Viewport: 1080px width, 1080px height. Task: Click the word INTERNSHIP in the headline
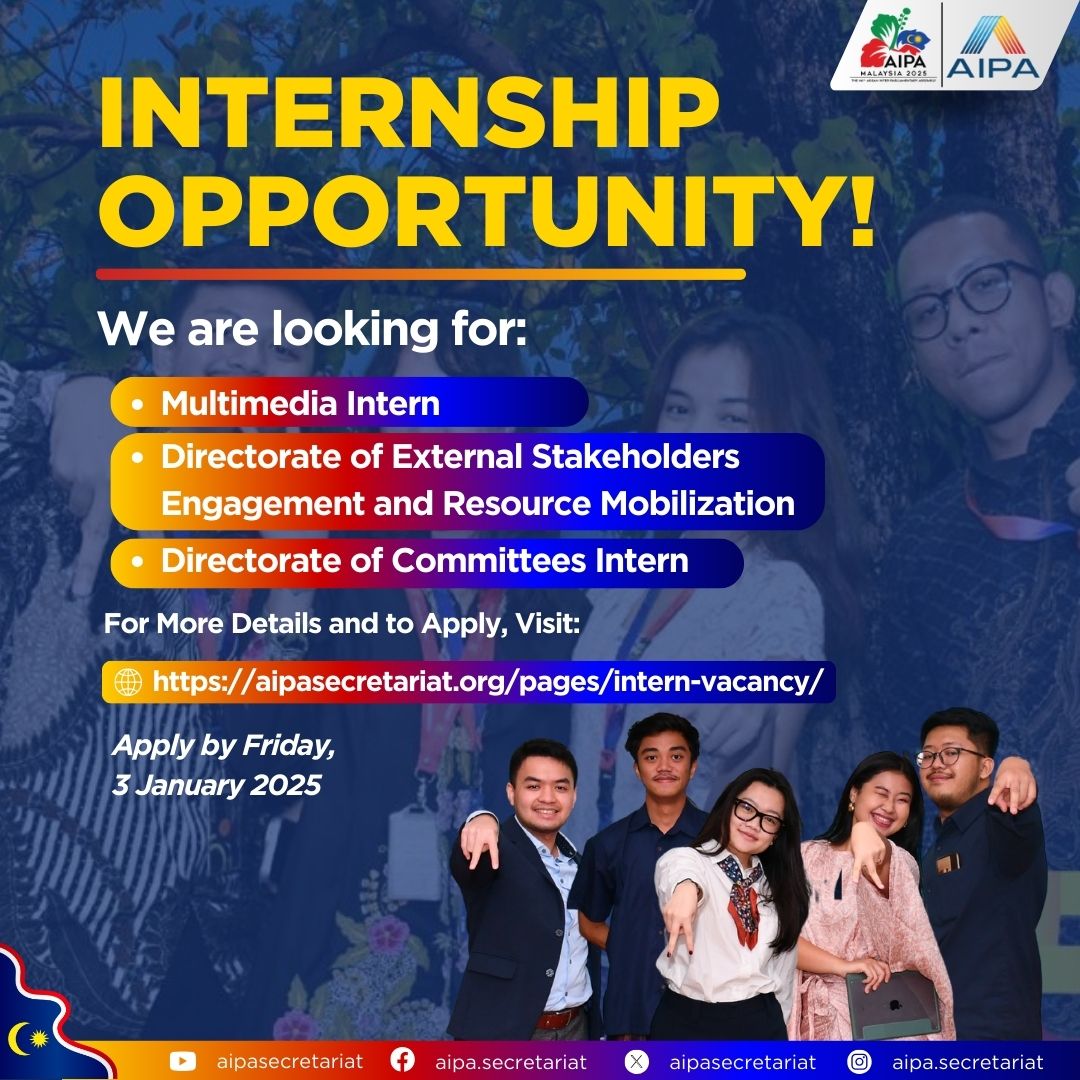point(409,113)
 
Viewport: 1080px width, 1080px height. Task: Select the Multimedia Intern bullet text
point(300,403)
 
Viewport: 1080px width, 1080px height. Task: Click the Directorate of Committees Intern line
point(425,561)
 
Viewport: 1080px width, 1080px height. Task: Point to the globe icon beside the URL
point(128,682)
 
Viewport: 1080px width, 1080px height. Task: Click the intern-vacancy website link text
point(488,682)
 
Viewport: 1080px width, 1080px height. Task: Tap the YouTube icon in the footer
point(183,1061)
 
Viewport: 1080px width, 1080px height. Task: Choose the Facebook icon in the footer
point(402,1059)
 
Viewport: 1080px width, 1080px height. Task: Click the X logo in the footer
point(636,1061)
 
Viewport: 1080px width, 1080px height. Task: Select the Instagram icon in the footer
point(859,1061)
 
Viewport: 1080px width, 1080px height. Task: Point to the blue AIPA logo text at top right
point(993,68)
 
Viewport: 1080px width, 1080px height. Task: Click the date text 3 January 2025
point(216,785)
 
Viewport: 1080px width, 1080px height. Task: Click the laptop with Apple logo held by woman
point(893,1005)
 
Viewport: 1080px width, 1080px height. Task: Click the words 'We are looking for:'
point(312,329)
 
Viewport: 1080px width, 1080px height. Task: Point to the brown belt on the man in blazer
point(558,1018)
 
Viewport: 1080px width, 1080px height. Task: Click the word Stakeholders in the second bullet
point(635,457)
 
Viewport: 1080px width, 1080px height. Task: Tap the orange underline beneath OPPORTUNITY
point(420,274)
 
